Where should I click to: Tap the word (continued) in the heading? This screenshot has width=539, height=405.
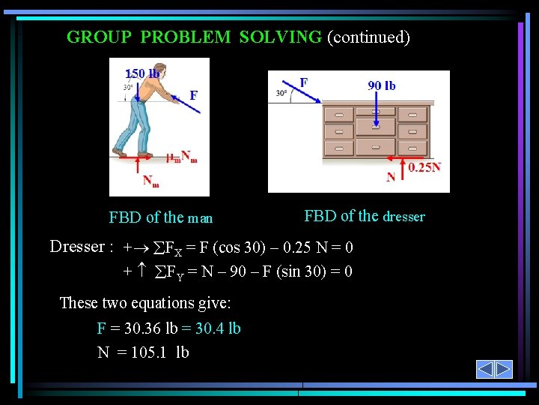(x=368, y=37)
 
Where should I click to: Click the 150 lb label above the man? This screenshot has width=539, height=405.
(x=142, y=73)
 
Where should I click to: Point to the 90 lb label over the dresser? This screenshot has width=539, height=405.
(x=382, y=85)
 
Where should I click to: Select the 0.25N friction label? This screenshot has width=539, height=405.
(x=424, y=167)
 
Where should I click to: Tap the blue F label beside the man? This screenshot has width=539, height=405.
(x=194, y=95)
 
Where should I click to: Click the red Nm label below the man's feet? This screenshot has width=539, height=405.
(x=150, y=181)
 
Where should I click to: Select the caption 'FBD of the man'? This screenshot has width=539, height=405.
(x=161, y=218)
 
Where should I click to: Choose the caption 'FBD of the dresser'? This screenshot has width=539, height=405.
(x=365, y=217)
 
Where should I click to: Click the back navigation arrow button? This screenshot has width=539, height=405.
(x=485, y=369)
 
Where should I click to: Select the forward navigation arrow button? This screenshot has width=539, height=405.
(x=504, y=369)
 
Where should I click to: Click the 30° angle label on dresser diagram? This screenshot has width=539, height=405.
(x=281, y=94)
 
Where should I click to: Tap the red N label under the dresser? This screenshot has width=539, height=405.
(x=390, y=178)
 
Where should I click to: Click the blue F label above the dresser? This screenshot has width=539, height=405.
(x=304, y=81)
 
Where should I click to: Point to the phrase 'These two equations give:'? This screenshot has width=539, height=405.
(x=145, y=303)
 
